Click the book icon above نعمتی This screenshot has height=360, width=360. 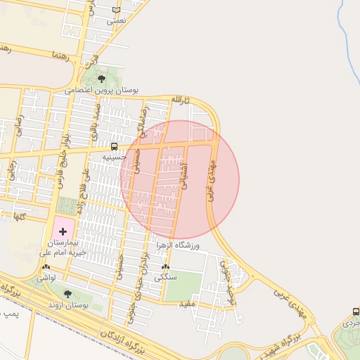point(116,10)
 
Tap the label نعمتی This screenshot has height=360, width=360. point(116,21)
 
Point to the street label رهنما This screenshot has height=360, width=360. point(62,55)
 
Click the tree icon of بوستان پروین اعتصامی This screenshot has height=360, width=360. point(102,79)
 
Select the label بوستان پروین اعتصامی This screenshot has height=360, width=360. point(102,91)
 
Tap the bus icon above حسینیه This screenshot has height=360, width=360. point(114,146)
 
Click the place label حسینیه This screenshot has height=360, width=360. point(114,157)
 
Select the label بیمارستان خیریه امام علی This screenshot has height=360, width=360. point(63,247)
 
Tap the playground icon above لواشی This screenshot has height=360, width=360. point(46,269)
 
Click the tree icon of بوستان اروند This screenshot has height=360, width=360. point(68,295)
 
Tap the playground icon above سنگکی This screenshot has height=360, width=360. point(165,268)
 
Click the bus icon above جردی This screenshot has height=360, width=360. point(355,311)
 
